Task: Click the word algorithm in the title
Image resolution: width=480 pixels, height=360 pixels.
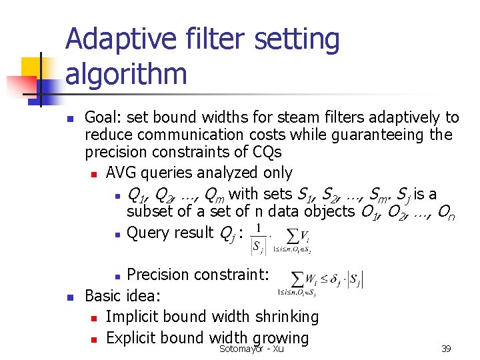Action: (126, 73)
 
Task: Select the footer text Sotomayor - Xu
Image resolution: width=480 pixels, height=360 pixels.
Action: (251, 349)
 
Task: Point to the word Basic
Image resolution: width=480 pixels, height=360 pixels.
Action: (103, 295)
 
